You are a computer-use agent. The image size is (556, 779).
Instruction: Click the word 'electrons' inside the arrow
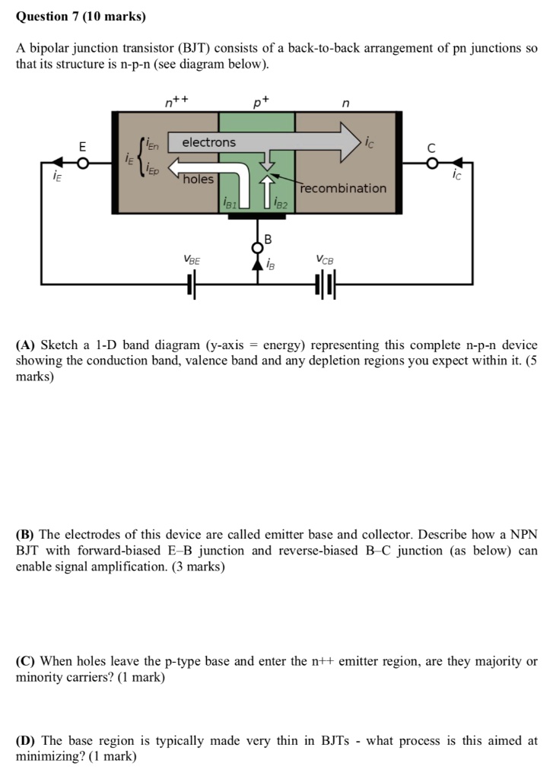[209, 142]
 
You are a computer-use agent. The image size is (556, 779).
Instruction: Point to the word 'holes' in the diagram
[199, 179]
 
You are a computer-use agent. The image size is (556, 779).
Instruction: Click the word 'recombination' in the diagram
[342, 188]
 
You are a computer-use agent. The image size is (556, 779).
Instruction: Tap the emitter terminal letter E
[83, 145]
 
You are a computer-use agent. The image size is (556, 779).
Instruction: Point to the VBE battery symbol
[192, 285]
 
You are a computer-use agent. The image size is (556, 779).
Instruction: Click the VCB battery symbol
[325, 285]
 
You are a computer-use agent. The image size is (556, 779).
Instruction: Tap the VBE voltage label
[192, 259]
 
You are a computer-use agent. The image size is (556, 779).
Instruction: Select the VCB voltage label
[325, 259]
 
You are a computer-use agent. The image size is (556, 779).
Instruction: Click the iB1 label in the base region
[229, 204]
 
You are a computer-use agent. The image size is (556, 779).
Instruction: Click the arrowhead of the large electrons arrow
[351, 142]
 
